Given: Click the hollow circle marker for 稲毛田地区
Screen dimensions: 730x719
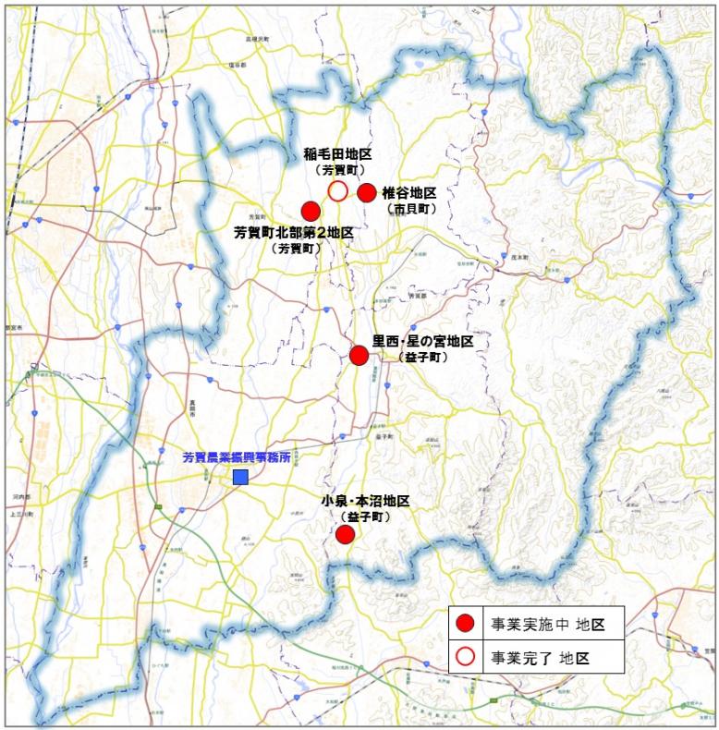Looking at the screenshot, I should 338,191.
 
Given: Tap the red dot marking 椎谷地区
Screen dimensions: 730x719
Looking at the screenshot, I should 367,192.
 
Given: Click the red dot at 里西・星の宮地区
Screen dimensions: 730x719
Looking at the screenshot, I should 359,355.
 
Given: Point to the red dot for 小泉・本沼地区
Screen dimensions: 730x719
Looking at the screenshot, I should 345,534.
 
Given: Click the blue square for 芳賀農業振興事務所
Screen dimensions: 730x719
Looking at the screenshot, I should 240,477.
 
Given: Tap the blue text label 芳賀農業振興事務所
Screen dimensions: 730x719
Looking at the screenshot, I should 237,456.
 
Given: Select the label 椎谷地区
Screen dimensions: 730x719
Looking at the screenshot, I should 408,193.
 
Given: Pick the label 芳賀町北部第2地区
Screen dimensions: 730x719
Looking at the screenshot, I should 294,233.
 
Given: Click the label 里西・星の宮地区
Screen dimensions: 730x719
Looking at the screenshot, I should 422,341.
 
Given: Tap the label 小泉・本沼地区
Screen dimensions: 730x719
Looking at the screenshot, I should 365,501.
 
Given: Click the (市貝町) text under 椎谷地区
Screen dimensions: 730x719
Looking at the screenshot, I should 408,209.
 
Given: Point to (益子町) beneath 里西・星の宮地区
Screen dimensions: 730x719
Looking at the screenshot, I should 421,357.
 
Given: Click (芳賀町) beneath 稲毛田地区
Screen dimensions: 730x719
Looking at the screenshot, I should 339,171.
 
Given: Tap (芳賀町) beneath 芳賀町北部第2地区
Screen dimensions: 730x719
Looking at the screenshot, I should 294,248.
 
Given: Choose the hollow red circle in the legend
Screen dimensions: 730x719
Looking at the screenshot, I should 467,657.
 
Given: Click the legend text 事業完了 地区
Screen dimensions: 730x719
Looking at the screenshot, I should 540,658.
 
